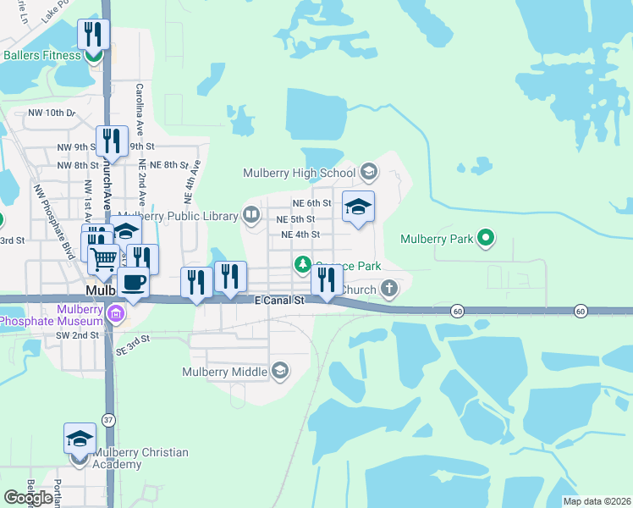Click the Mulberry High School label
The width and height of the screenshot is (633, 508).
tap(299, 173)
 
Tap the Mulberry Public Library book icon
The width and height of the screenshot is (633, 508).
tap(251, 215)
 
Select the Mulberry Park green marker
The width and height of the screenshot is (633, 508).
tap(486, 239)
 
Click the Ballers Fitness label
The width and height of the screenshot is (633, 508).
tap(42, 56)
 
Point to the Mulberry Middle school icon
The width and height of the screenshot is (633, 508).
tap(280, 371)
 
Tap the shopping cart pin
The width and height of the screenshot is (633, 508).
tap(103, 259)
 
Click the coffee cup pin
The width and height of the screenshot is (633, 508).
tap(134, 282)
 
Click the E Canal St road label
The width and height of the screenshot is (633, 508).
tap(279, 301)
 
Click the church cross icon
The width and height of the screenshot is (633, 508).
tap(388, 290)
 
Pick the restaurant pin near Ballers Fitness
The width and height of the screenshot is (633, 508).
tap(93, 36)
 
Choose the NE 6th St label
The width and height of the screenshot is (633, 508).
tap(311, 203)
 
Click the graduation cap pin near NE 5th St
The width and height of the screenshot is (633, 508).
tap(358, 207)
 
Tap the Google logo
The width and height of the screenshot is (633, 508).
tap(28, 497)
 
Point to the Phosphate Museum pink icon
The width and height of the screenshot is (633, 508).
tap(116, 317)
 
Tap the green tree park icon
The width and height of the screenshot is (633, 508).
tap(303, 265)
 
